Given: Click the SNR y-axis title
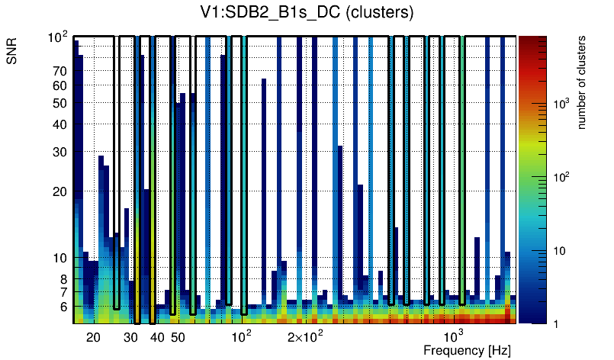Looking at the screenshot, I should pos(14,54).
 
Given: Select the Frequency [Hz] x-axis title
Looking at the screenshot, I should pos(467,350).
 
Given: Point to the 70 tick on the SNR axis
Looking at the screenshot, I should pos(59,72).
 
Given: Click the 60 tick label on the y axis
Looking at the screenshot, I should pos(59,86).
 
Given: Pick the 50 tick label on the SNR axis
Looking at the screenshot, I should pos(59,104).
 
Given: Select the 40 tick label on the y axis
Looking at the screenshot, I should pos(59,125).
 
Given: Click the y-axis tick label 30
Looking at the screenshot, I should pos(59,153).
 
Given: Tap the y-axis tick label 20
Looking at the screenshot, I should pos(59,191).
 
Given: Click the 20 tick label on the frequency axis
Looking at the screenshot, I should pos(93,337).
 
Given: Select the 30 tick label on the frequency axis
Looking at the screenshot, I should pos(130,337).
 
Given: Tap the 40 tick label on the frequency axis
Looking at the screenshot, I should pos(156,337).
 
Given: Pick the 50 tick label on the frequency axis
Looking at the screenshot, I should pos(177,337).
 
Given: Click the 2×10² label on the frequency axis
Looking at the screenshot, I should pos(306,336).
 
